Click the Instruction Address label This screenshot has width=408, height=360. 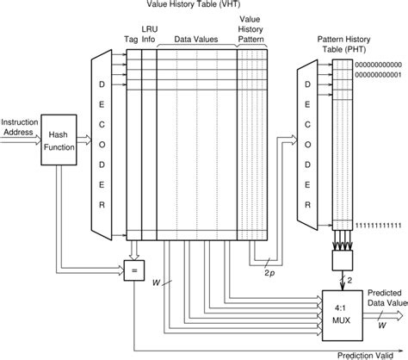[19, 127]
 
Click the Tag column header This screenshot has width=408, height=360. [131, 39]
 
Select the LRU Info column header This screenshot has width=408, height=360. [150, 34]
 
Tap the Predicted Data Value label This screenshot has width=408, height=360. [383, 297]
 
